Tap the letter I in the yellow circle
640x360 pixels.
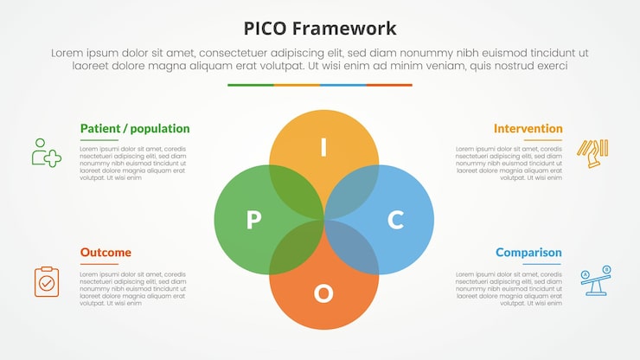323,148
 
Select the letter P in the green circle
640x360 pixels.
253,220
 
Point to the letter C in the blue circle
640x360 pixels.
395,220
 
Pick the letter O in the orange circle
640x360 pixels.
323,293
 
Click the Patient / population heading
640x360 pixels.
135,129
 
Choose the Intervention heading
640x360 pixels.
528,129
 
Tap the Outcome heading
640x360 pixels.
106,253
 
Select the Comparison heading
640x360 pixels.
528,253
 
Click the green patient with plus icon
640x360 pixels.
46,152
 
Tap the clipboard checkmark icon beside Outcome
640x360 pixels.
47,281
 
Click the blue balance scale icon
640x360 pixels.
595,280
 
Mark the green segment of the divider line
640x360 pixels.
251,85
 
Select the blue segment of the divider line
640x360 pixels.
342,85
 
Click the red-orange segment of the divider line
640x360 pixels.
389,85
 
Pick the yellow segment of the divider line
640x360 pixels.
297,85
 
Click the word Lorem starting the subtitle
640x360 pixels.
67,53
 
